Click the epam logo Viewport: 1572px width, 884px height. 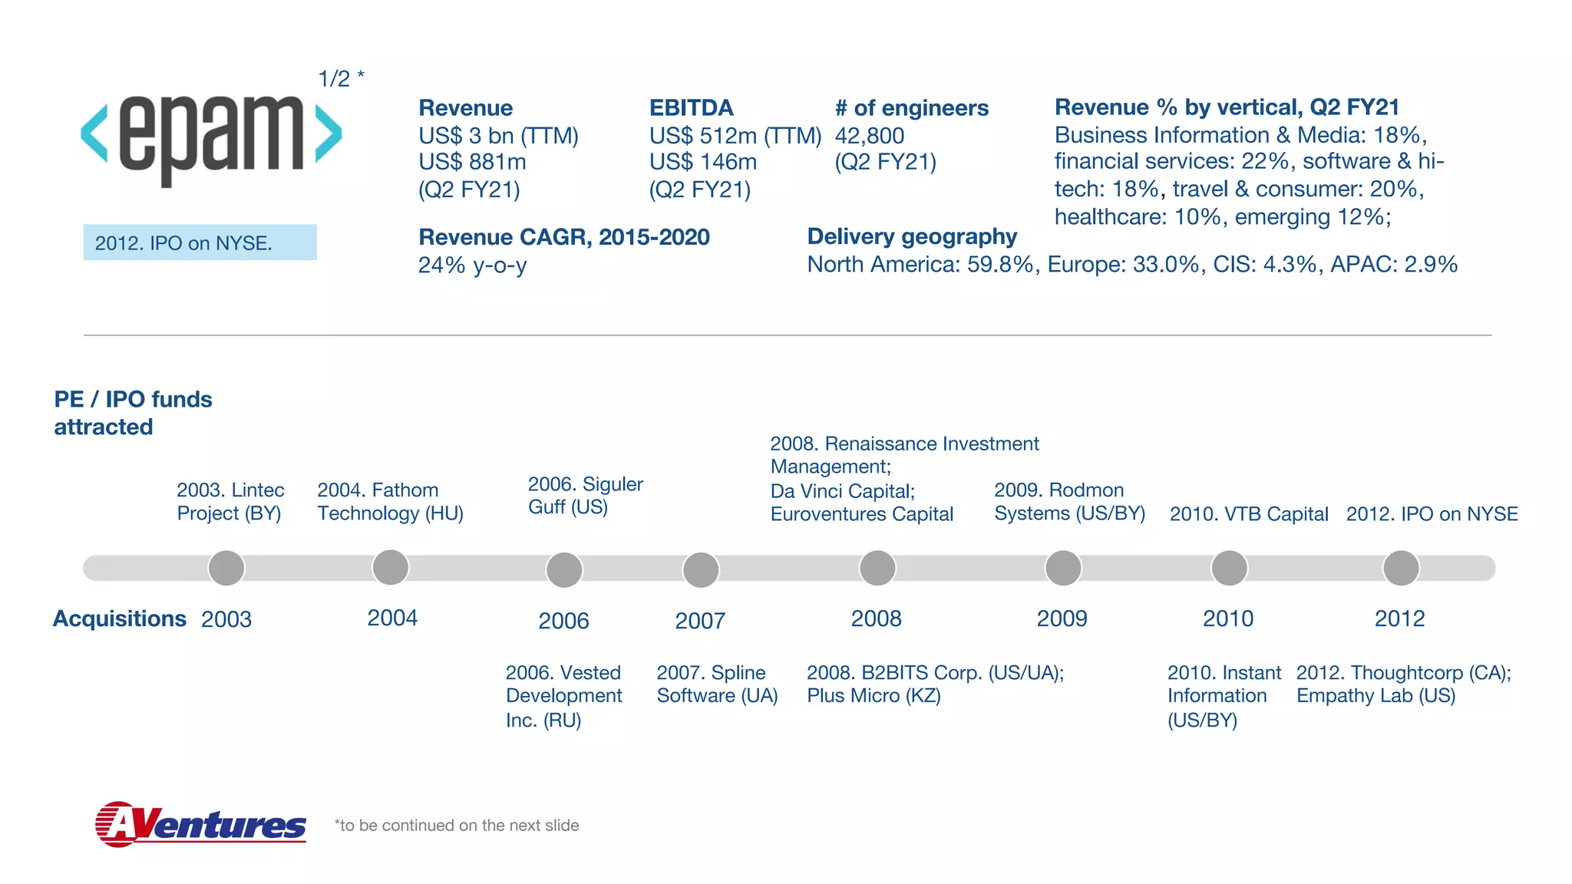(211, 137)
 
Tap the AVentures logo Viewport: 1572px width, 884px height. (200, 824)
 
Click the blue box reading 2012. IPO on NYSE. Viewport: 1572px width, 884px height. (200, 242)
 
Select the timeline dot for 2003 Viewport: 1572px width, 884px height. (226, 568)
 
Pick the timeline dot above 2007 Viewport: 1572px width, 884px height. (700, 569)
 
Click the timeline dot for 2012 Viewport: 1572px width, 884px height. (1401, 568)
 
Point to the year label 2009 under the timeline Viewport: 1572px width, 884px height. (1062, 618)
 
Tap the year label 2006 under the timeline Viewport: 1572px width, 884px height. (563, 621)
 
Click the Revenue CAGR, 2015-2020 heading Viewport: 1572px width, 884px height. (563, 237)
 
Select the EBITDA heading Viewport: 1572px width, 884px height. (691, 107)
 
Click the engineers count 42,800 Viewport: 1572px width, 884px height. (869, 136)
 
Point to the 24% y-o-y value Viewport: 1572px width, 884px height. (472, 266)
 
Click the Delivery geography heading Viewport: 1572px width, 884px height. (911, 236)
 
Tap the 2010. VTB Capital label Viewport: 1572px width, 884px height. (1248, 514)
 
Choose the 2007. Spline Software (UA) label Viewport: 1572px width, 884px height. (717, 684)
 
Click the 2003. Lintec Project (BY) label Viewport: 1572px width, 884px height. (230, 501)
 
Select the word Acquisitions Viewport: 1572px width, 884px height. (119, 618)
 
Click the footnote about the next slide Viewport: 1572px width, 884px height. (457, 826)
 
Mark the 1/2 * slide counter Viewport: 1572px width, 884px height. (341, 78)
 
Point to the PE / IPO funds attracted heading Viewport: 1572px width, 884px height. (132, 413)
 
